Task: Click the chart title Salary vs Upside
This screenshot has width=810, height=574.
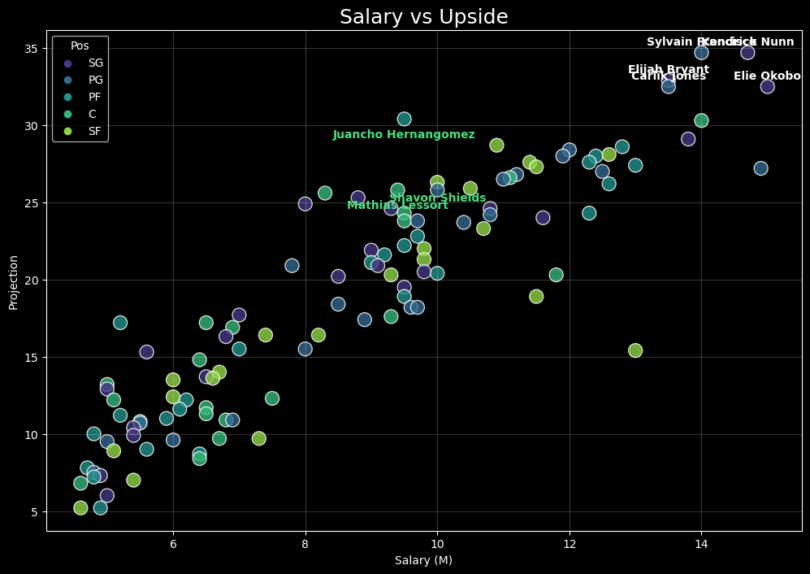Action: point(423,17)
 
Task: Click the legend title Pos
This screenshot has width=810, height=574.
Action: point(80,46)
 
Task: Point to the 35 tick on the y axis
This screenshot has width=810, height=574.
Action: point(31,49)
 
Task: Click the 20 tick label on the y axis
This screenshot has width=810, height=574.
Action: point(31,280)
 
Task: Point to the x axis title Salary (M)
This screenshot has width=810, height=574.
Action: point(423,560)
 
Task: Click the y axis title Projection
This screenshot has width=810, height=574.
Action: point(13,281)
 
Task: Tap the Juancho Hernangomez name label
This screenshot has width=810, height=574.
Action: point(404,135)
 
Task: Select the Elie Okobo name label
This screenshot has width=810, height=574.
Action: point(767,76)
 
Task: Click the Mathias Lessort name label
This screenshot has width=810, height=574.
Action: point(397,206)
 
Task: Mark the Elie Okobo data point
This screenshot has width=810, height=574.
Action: point(767,87)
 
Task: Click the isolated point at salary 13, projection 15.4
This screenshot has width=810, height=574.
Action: point(635,350)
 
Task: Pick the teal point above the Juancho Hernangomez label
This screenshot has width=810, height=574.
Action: point(404,120)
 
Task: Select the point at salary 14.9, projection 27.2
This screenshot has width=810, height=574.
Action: point(760,168)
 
